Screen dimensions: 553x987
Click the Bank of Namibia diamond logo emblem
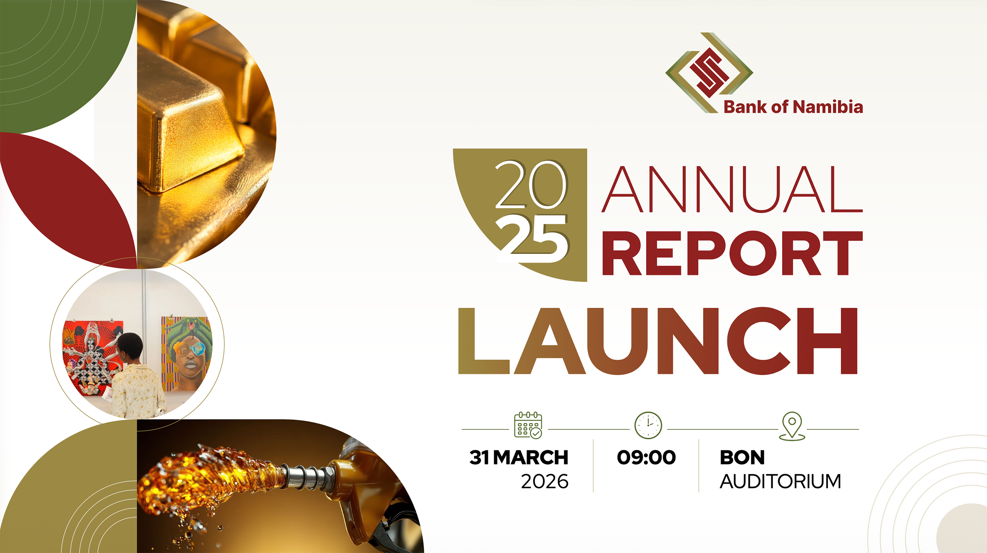(x=709, y=72)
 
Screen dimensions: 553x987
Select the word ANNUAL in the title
(x=731, y=189)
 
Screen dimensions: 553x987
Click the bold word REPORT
(x=732, y=254)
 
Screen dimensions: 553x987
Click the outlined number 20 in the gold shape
(x=531, y=185)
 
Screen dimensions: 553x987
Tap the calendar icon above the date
(x=528, y=425)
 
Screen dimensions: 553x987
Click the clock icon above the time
(x=648, y=425)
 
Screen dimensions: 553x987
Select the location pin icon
(x=792, y=425)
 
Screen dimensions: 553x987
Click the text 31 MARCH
(x=518, y=458)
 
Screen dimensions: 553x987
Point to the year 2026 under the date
(x=544, y=482)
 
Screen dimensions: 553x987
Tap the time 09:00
(x=646, y=458)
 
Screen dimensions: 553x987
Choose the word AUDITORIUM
(x=780, y=482)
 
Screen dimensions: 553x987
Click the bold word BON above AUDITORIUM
(x=742, y=458)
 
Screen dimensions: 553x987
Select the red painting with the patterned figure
(x=91, y=357)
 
